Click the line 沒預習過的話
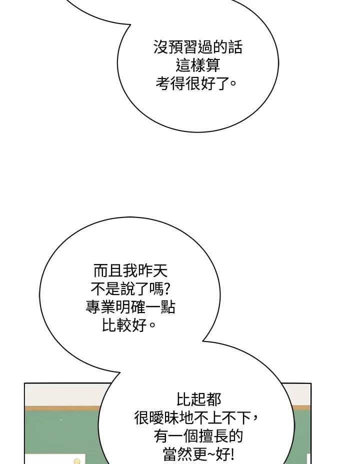pyautogui.click(x=197, y=47)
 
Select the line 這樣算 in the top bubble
pyautogui.click(x=197, y=65)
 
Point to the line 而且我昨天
pyautogui.click(x=130, y=271)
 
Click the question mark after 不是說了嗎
pyautogui.click(x=166, y=289)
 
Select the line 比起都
pyautogui.click(x=199, y=399)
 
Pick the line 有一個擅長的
pyautogui.click(x=198, y=436)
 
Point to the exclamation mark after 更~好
pyautogui.click(x=231, y=454)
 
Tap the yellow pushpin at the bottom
pyautogui.click(x=77, y=461)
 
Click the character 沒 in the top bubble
pyautogui.click(x=160, y=47)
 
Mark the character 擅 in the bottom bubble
pyautogui.click(x=205, y=436)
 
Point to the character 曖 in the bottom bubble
pyautogui.click(x=156, y=417)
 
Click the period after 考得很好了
pyautogui.click(x=233, y=83)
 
